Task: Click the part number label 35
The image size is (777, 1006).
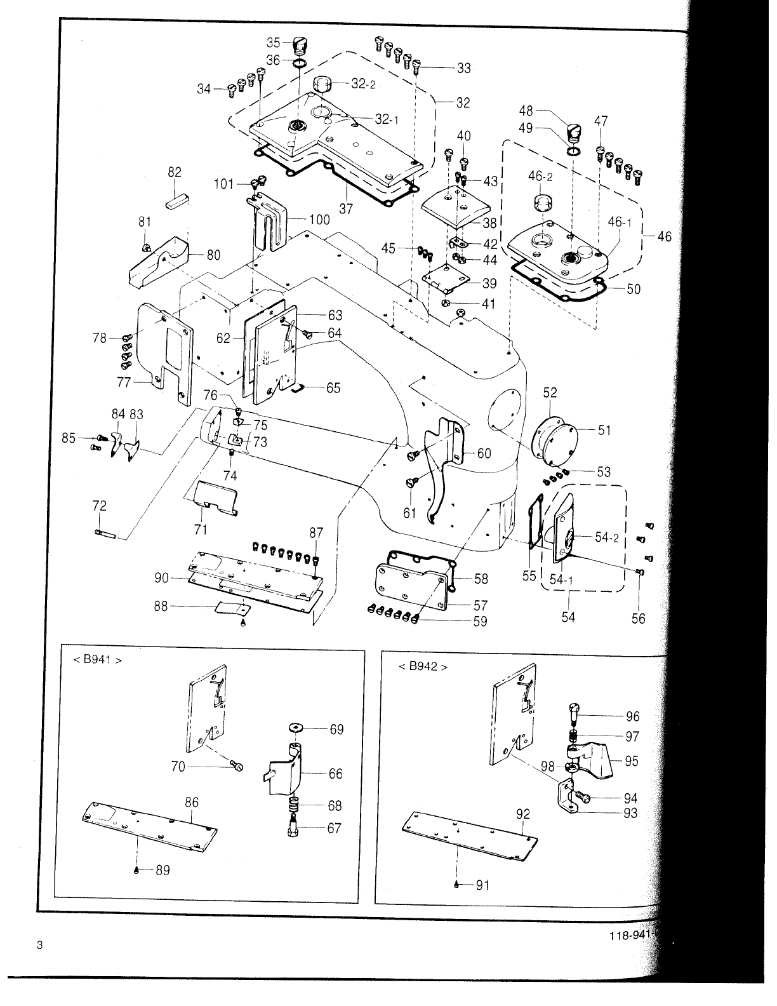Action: coord(273,43)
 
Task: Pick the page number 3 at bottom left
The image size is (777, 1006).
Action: coord(39,945)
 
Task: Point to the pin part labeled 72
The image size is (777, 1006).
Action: coord(105,532)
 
